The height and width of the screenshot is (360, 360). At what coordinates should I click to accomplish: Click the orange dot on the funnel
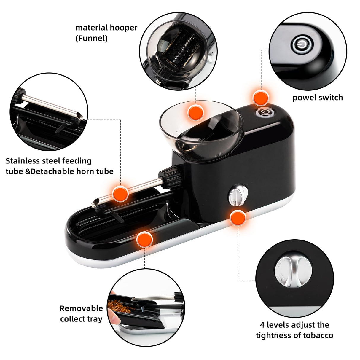click(x=196, y=112)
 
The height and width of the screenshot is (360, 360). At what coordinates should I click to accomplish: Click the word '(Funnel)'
click(x=91, y=39)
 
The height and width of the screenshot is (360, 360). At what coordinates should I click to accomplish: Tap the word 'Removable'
click(x=81, y=308)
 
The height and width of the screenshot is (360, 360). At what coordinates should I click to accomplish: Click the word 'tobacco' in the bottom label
click(x=318, y=335)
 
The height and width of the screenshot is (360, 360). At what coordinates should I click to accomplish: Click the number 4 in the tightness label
click(x=262, y=325)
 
